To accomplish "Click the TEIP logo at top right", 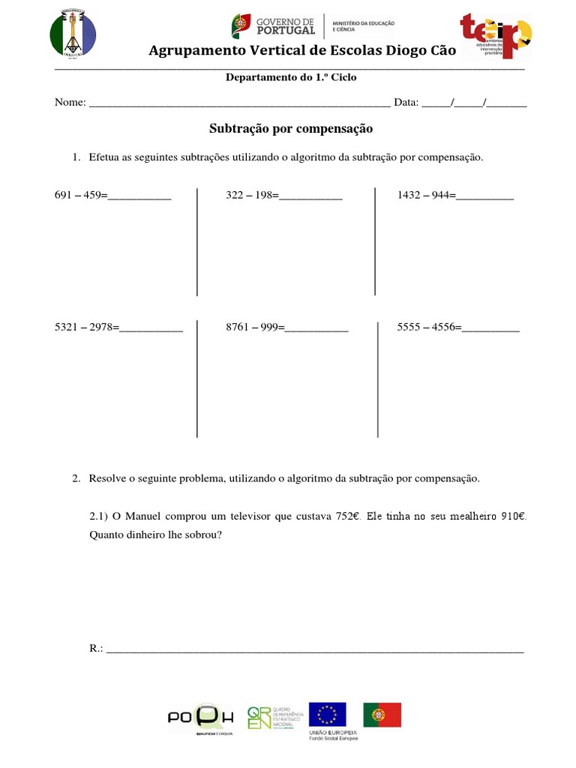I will tap(496, 35).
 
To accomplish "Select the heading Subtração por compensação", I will tap(290, 129).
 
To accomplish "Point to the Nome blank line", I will tap(239, 103).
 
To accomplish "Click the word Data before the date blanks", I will tap(405, 103).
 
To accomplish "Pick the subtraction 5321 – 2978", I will tap(87, 327).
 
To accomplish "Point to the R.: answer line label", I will tap(96, 648).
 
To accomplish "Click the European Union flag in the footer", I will tap(328, 715).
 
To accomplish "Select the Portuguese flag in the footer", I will tap(382, 715).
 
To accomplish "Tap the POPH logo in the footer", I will tap(201, 718).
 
